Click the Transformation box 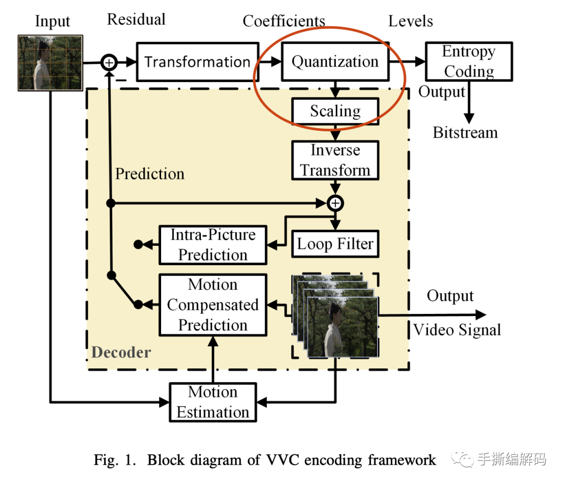[197, 62]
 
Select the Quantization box [335, 62]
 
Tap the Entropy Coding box [469, 61]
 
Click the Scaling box [335, 111]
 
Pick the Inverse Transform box [335, 160]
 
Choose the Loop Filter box [335, 244]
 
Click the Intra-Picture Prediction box [212, 244]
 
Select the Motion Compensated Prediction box [212, 305]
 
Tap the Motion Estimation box [212, 402]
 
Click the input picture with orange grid [50, 63]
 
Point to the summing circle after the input [109, 62]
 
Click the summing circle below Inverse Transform [335, 202]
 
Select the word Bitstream [465, 132]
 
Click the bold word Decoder [121, 352]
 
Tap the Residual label [136, 20]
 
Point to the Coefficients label [284, 21]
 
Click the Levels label [410, 21]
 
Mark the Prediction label [150, 174]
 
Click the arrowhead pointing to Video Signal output [480, 314]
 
